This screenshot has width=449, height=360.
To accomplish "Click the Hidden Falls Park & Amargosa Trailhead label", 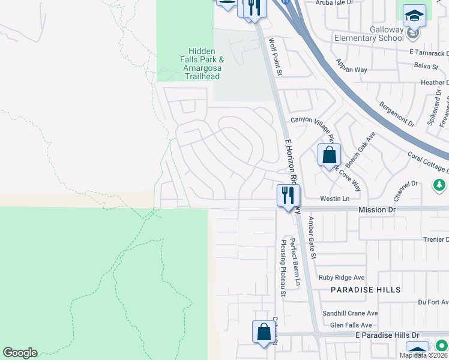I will (202, 64).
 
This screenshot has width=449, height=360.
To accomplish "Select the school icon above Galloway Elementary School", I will (414, 16).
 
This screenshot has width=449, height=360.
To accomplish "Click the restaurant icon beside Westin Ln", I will (288, 195).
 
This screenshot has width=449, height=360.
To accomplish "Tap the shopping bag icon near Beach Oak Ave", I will (329, 155).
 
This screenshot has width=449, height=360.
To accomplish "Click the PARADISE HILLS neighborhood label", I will (366, 290).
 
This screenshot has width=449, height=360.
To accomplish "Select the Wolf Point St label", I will (275, 57).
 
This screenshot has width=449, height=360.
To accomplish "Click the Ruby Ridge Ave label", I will (342, 277).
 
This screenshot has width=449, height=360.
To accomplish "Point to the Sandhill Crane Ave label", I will (350, 313).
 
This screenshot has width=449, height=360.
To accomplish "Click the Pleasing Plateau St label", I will (283, 268).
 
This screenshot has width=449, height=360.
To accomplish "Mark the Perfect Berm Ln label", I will (294, 262).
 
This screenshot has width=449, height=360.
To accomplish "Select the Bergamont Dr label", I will (397, 114).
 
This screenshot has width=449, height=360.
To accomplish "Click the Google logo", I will (20, 353).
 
